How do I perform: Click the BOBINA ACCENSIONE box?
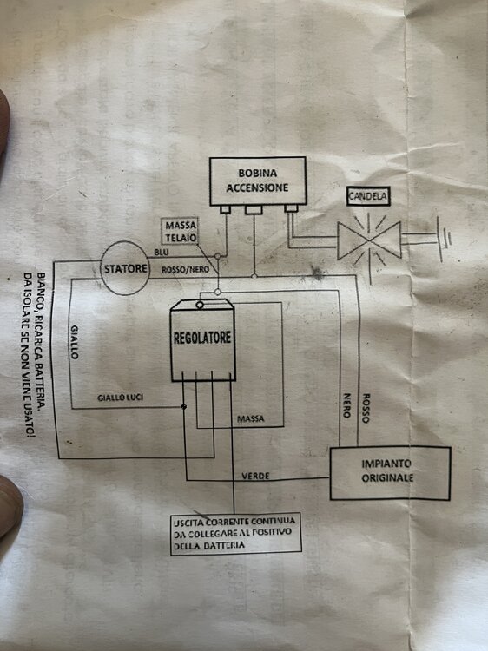pos(258,181)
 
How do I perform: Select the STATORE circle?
pos(125,268)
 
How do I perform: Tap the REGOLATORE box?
pos(202,340)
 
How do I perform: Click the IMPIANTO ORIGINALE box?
pos(390,472)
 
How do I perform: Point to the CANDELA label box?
pos(368,196)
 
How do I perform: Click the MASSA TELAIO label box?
pos(180,231)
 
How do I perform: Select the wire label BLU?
pos(162,252)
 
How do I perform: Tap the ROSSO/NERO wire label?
pos(185,270)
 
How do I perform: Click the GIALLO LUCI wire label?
pos(120,398)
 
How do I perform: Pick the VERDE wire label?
pos(255,476)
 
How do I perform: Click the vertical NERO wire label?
pos(346,405)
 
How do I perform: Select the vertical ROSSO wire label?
pos(366,408)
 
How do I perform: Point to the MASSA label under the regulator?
pos(250,419)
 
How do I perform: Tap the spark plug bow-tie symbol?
pos(369,240)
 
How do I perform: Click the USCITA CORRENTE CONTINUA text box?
pos(235,534)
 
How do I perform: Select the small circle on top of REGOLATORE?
pos(200,306)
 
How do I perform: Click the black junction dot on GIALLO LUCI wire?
pos(184,406)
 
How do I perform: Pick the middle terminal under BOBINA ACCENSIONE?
pos(254,210)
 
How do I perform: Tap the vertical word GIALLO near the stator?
pos(75,342)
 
